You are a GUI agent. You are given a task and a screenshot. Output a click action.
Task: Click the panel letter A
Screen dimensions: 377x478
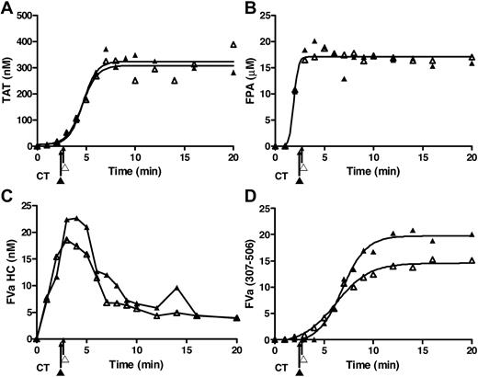click(6, 7)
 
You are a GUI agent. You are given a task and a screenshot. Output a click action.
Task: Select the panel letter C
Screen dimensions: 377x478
click(6, 200)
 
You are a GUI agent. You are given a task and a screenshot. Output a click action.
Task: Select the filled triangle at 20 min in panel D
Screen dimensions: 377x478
click(472, 234)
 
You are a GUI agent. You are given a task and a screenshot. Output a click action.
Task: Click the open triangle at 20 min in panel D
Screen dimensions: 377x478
click(472, 260)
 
